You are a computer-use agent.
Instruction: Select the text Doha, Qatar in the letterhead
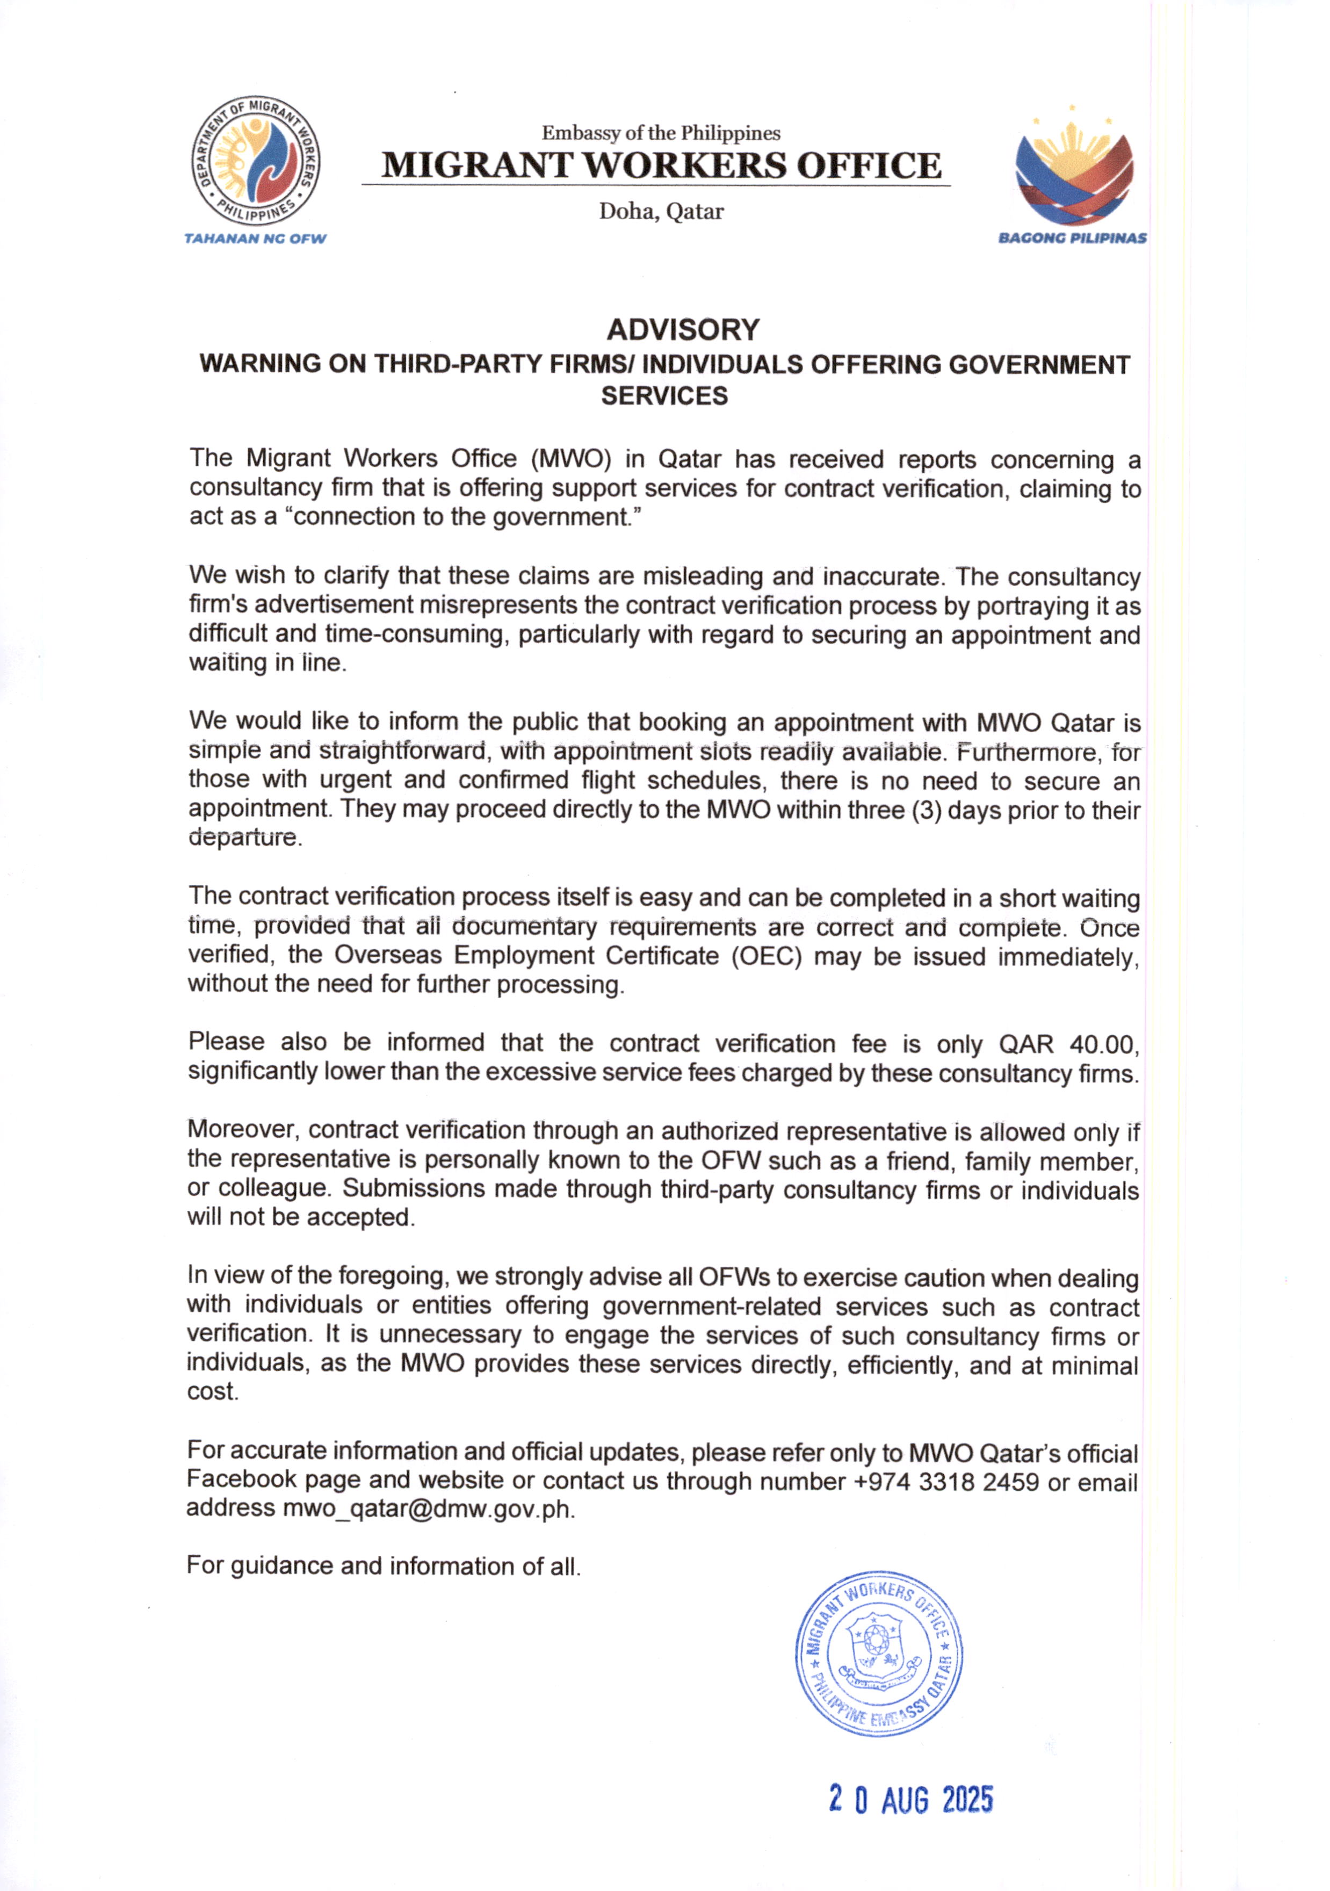tap(661, 212)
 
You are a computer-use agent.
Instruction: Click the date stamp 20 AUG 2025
tap(911, 1800)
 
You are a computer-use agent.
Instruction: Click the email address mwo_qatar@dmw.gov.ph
tap(428, 1509)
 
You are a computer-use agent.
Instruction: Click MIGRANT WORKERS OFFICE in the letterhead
tap(661, 165)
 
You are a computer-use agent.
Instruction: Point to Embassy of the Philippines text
tap(661, 133)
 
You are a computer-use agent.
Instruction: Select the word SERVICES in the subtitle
tap(664, 396)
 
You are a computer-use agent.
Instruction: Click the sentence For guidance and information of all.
tap(384, 1565)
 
